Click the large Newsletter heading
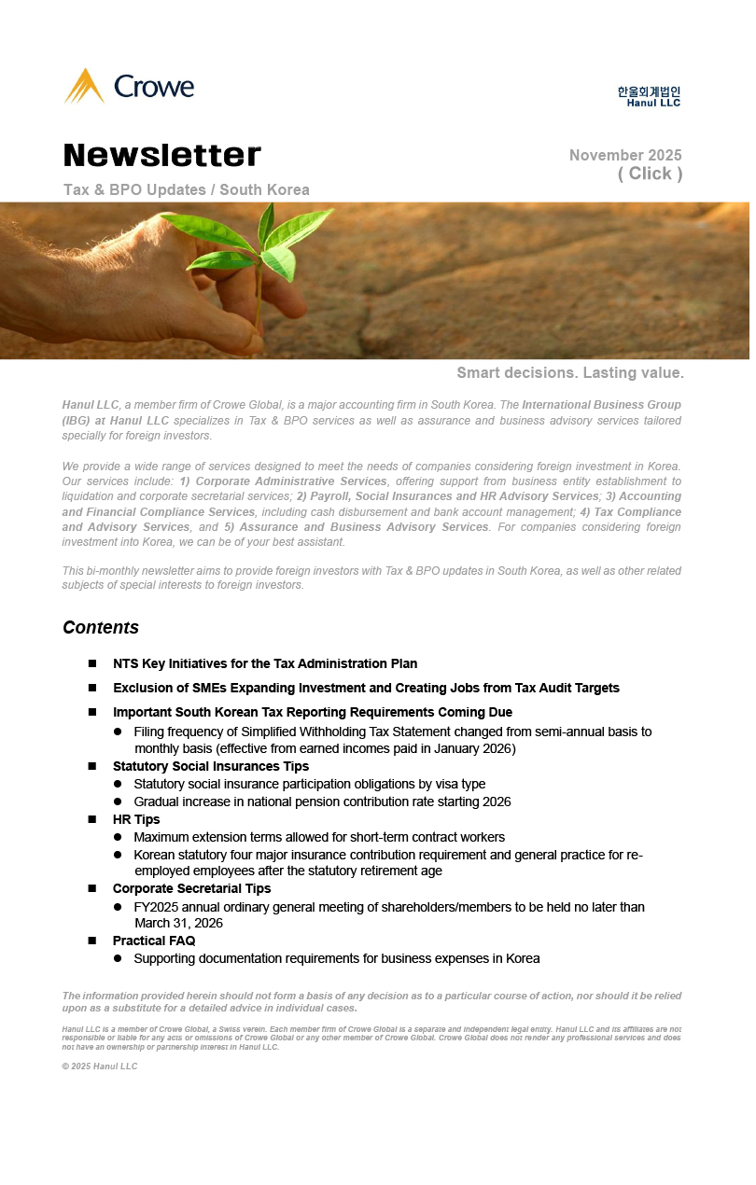(x=162, y=155)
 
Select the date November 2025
(x=625, y=156)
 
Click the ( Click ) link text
(x=650, y=174)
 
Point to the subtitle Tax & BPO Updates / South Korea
(x=187, y=190)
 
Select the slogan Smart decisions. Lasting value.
(x=570, y=373)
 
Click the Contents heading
(x=101, y=627)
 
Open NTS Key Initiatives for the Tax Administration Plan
(x=265, y=663)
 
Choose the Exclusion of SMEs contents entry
(x=366, y=688)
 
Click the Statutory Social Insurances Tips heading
(x=211, y=766)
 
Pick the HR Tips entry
(x=136, y=819)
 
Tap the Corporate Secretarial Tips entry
(x=191, y=888)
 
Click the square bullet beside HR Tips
(x=92, y=819)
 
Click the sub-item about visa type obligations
(x=309, y=784)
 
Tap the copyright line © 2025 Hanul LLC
(x=100, y=1066)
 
